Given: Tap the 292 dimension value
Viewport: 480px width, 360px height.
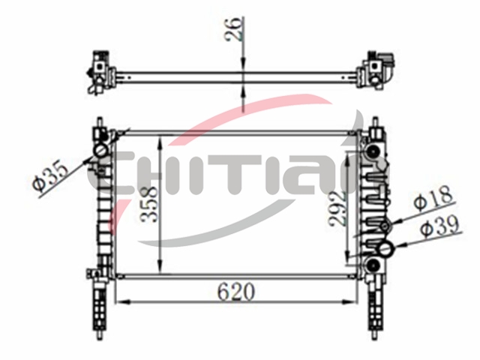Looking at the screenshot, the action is tap(337, 208).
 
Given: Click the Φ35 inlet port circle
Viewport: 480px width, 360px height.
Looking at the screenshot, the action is tap(100, 150).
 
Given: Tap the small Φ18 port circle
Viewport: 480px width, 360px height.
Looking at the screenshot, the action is tap(385, 226).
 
